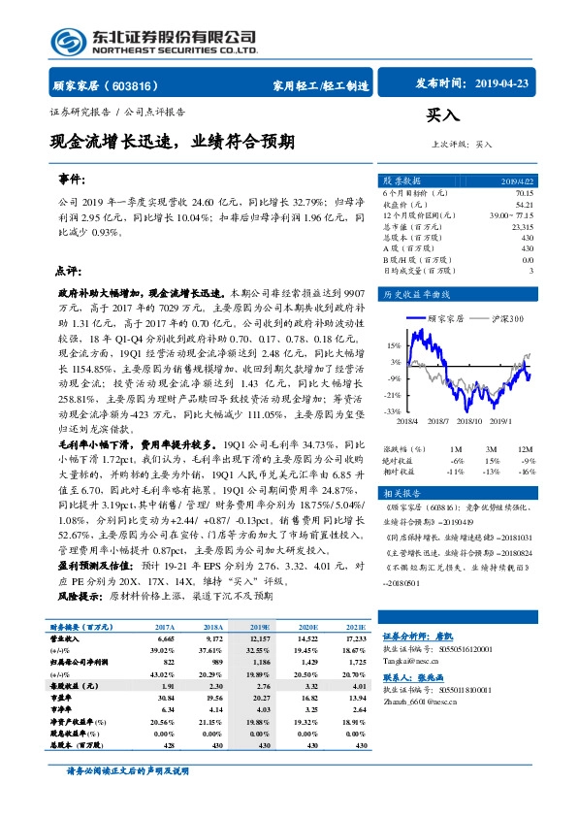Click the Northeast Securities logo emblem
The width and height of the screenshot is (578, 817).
66,41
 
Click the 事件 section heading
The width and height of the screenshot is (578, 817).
72,180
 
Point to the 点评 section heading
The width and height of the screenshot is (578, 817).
67,271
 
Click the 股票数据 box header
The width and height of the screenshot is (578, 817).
402,181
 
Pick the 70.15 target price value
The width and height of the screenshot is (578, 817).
524,194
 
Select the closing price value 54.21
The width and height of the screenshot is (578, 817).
524,205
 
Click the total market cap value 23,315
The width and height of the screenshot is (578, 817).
521,226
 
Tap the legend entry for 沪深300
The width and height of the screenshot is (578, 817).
505,318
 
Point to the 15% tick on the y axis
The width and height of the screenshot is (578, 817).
394,345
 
